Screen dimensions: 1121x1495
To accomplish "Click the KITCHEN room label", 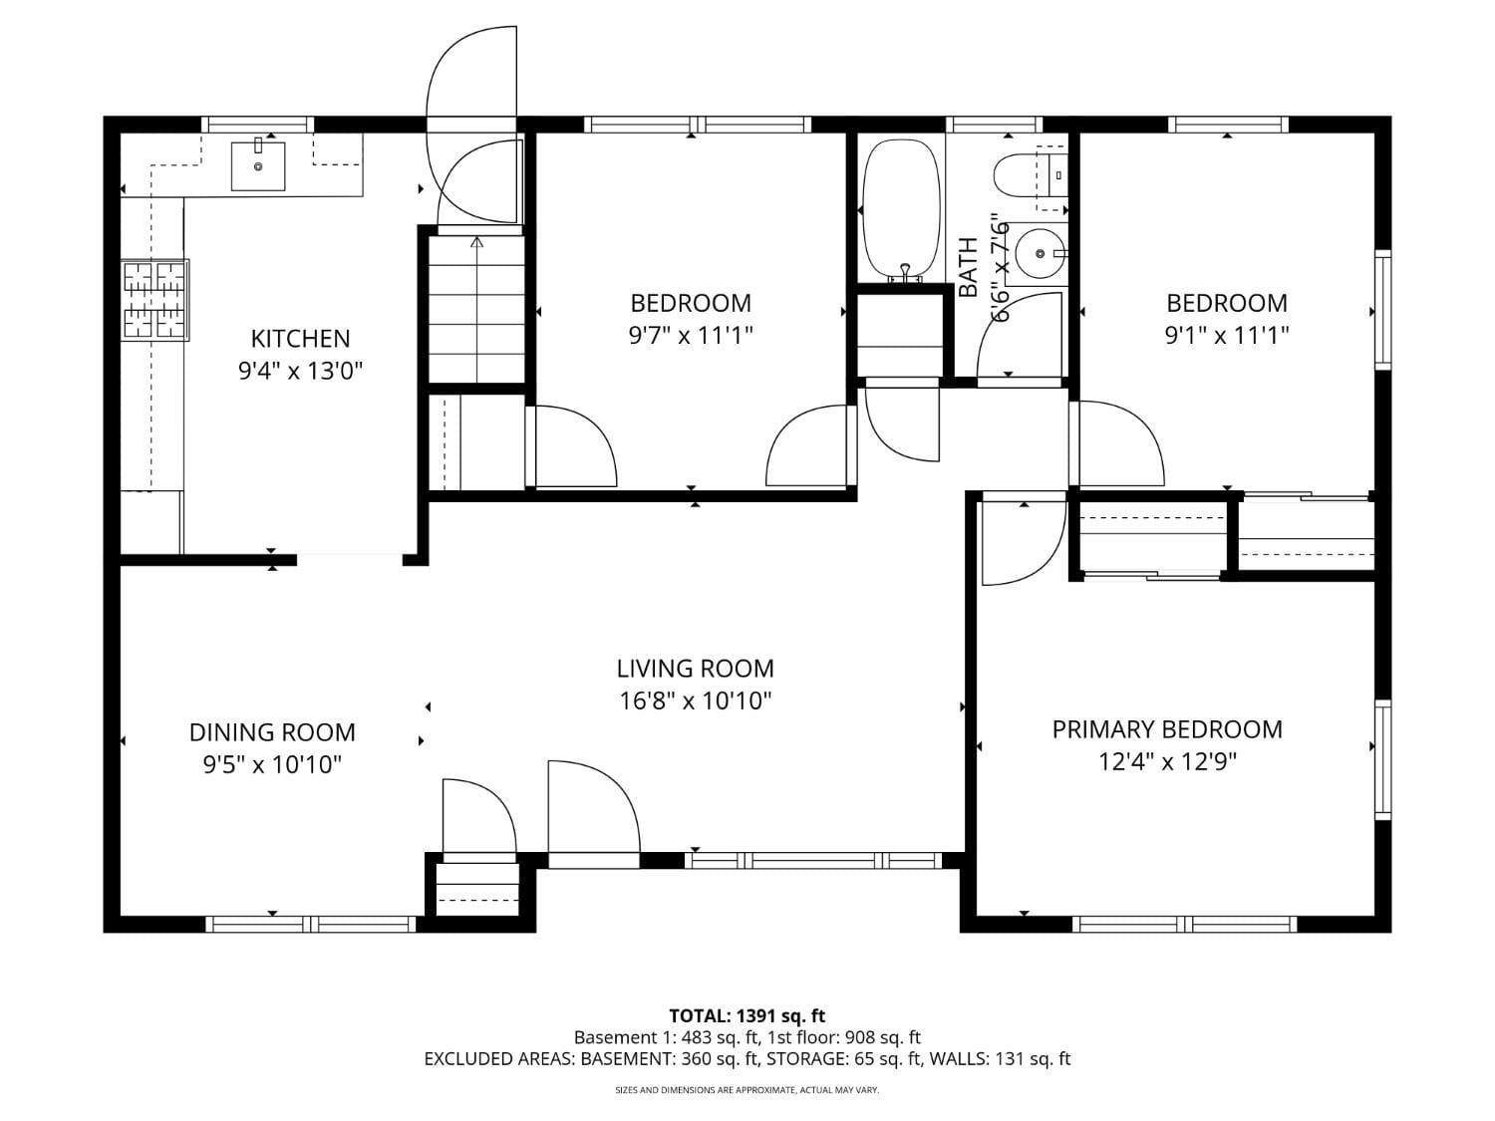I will coord(300,339).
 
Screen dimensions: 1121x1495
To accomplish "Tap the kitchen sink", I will coord(258,165).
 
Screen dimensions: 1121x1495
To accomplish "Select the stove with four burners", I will coord(154,300).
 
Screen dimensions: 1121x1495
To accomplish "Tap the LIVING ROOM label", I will coord(695,669).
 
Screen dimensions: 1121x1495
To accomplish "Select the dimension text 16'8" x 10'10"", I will coord(696,701).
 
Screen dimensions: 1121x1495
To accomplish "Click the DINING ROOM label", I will coord(272,732).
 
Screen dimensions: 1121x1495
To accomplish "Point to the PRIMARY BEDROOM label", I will coord(1167,729).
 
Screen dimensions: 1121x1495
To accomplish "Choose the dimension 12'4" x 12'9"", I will coord(1167,762).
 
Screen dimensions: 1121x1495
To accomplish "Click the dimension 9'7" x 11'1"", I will coord(691,336).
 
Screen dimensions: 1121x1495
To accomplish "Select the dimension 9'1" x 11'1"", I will coord(1227,336).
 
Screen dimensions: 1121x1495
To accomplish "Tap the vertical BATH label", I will coord(968,268).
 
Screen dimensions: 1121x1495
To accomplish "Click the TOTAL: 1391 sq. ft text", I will coord(747,1016).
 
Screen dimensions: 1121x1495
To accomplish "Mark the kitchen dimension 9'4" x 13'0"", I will coord(300,372).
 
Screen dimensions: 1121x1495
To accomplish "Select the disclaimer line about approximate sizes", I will coord(747,1090).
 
